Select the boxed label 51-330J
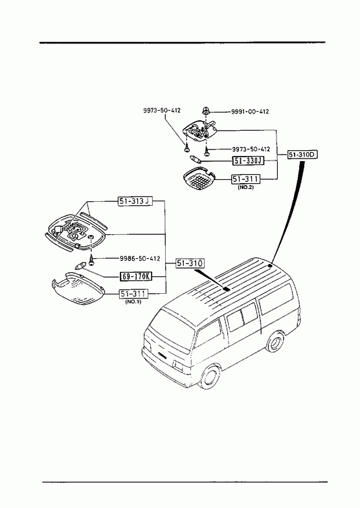[x=248, y=160]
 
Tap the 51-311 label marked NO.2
[x=245, y=179]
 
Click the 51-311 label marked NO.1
[x=133, y=294]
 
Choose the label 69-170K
[x=136, y=276]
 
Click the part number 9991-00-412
[x=250, y=111]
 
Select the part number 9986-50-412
[x=140, y=259]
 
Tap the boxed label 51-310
[x=190, y=264]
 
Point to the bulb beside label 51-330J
[x=196, y=160]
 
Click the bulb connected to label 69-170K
[x=80, y=266]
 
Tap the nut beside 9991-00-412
[x=205, y=111]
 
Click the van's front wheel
[x=209, y=377]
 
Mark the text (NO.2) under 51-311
[x=245, y=188]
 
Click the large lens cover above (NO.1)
[x=78, y=289]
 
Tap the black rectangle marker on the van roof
[x=227, y=289]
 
